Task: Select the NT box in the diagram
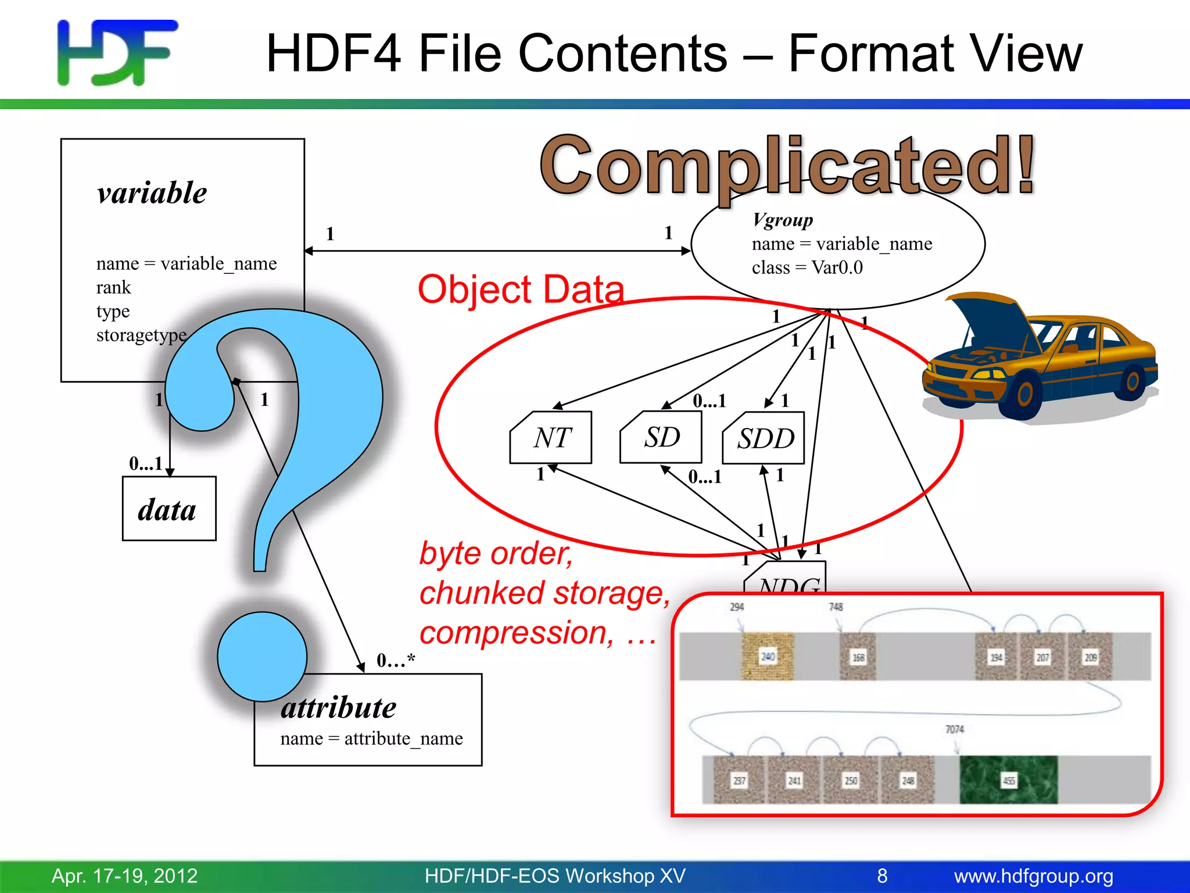(551, 438)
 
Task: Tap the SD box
(661, 437)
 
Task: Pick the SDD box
(764, 438)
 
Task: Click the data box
(169, 509)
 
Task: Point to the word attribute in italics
(338, 708)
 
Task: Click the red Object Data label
(521, 289)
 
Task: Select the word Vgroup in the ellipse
(782, 220)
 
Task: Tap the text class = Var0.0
(807, 267)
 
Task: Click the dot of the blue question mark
(262, 656)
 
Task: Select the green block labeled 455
(1008, 780)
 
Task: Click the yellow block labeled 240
(768, 656)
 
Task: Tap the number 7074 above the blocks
(954, 729)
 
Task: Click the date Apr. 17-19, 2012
(124, 876)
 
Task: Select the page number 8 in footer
(882, 876)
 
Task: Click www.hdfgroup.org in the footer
(1033, 876)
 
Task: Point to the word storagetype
(141, 335)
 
